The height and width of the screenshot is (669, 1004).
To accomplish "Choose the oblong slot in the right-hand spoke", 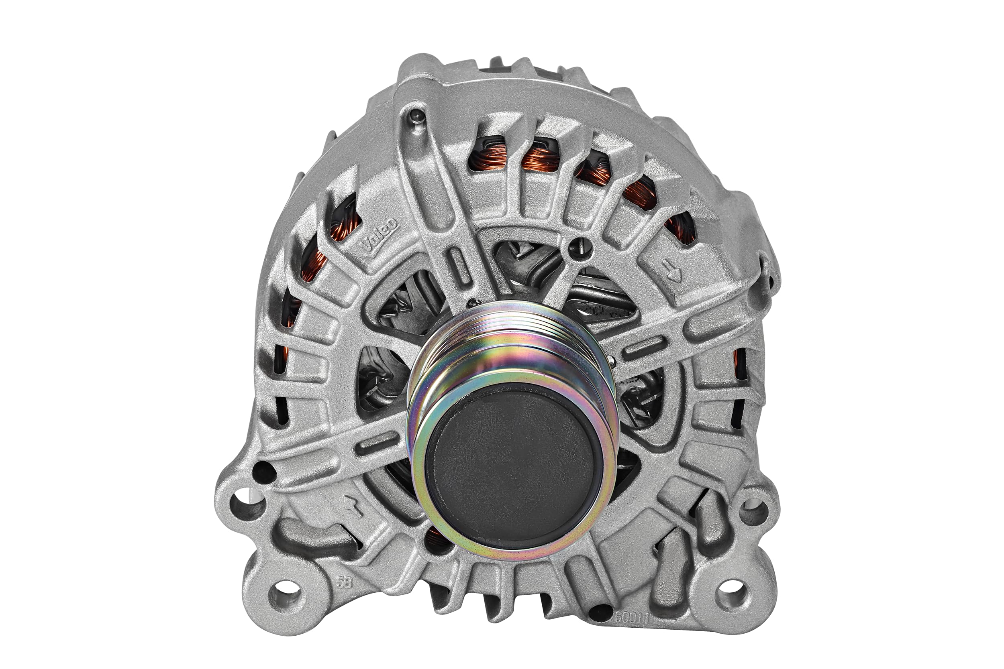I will (x=644, y=344).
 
